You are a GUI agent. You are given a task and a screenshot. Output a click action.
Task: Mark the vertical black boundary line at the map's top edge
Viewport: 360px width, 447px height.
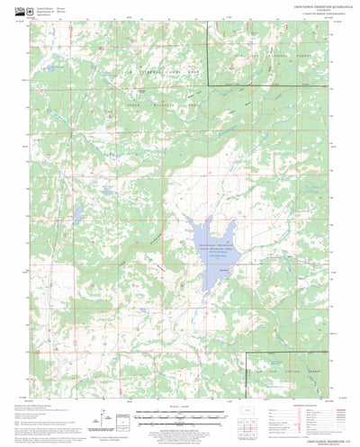pos(209,54)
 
